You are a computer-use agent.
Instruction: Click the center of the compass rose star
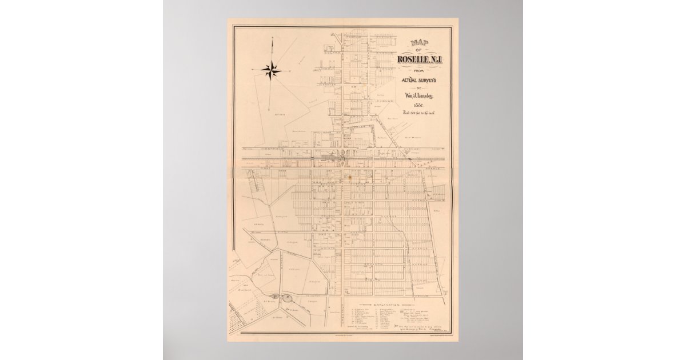(272, 70)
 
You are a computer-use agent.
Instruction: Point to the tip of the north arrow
(273, 37)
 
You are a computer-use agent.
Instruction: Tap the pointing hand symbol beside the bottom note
(397, 325)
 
